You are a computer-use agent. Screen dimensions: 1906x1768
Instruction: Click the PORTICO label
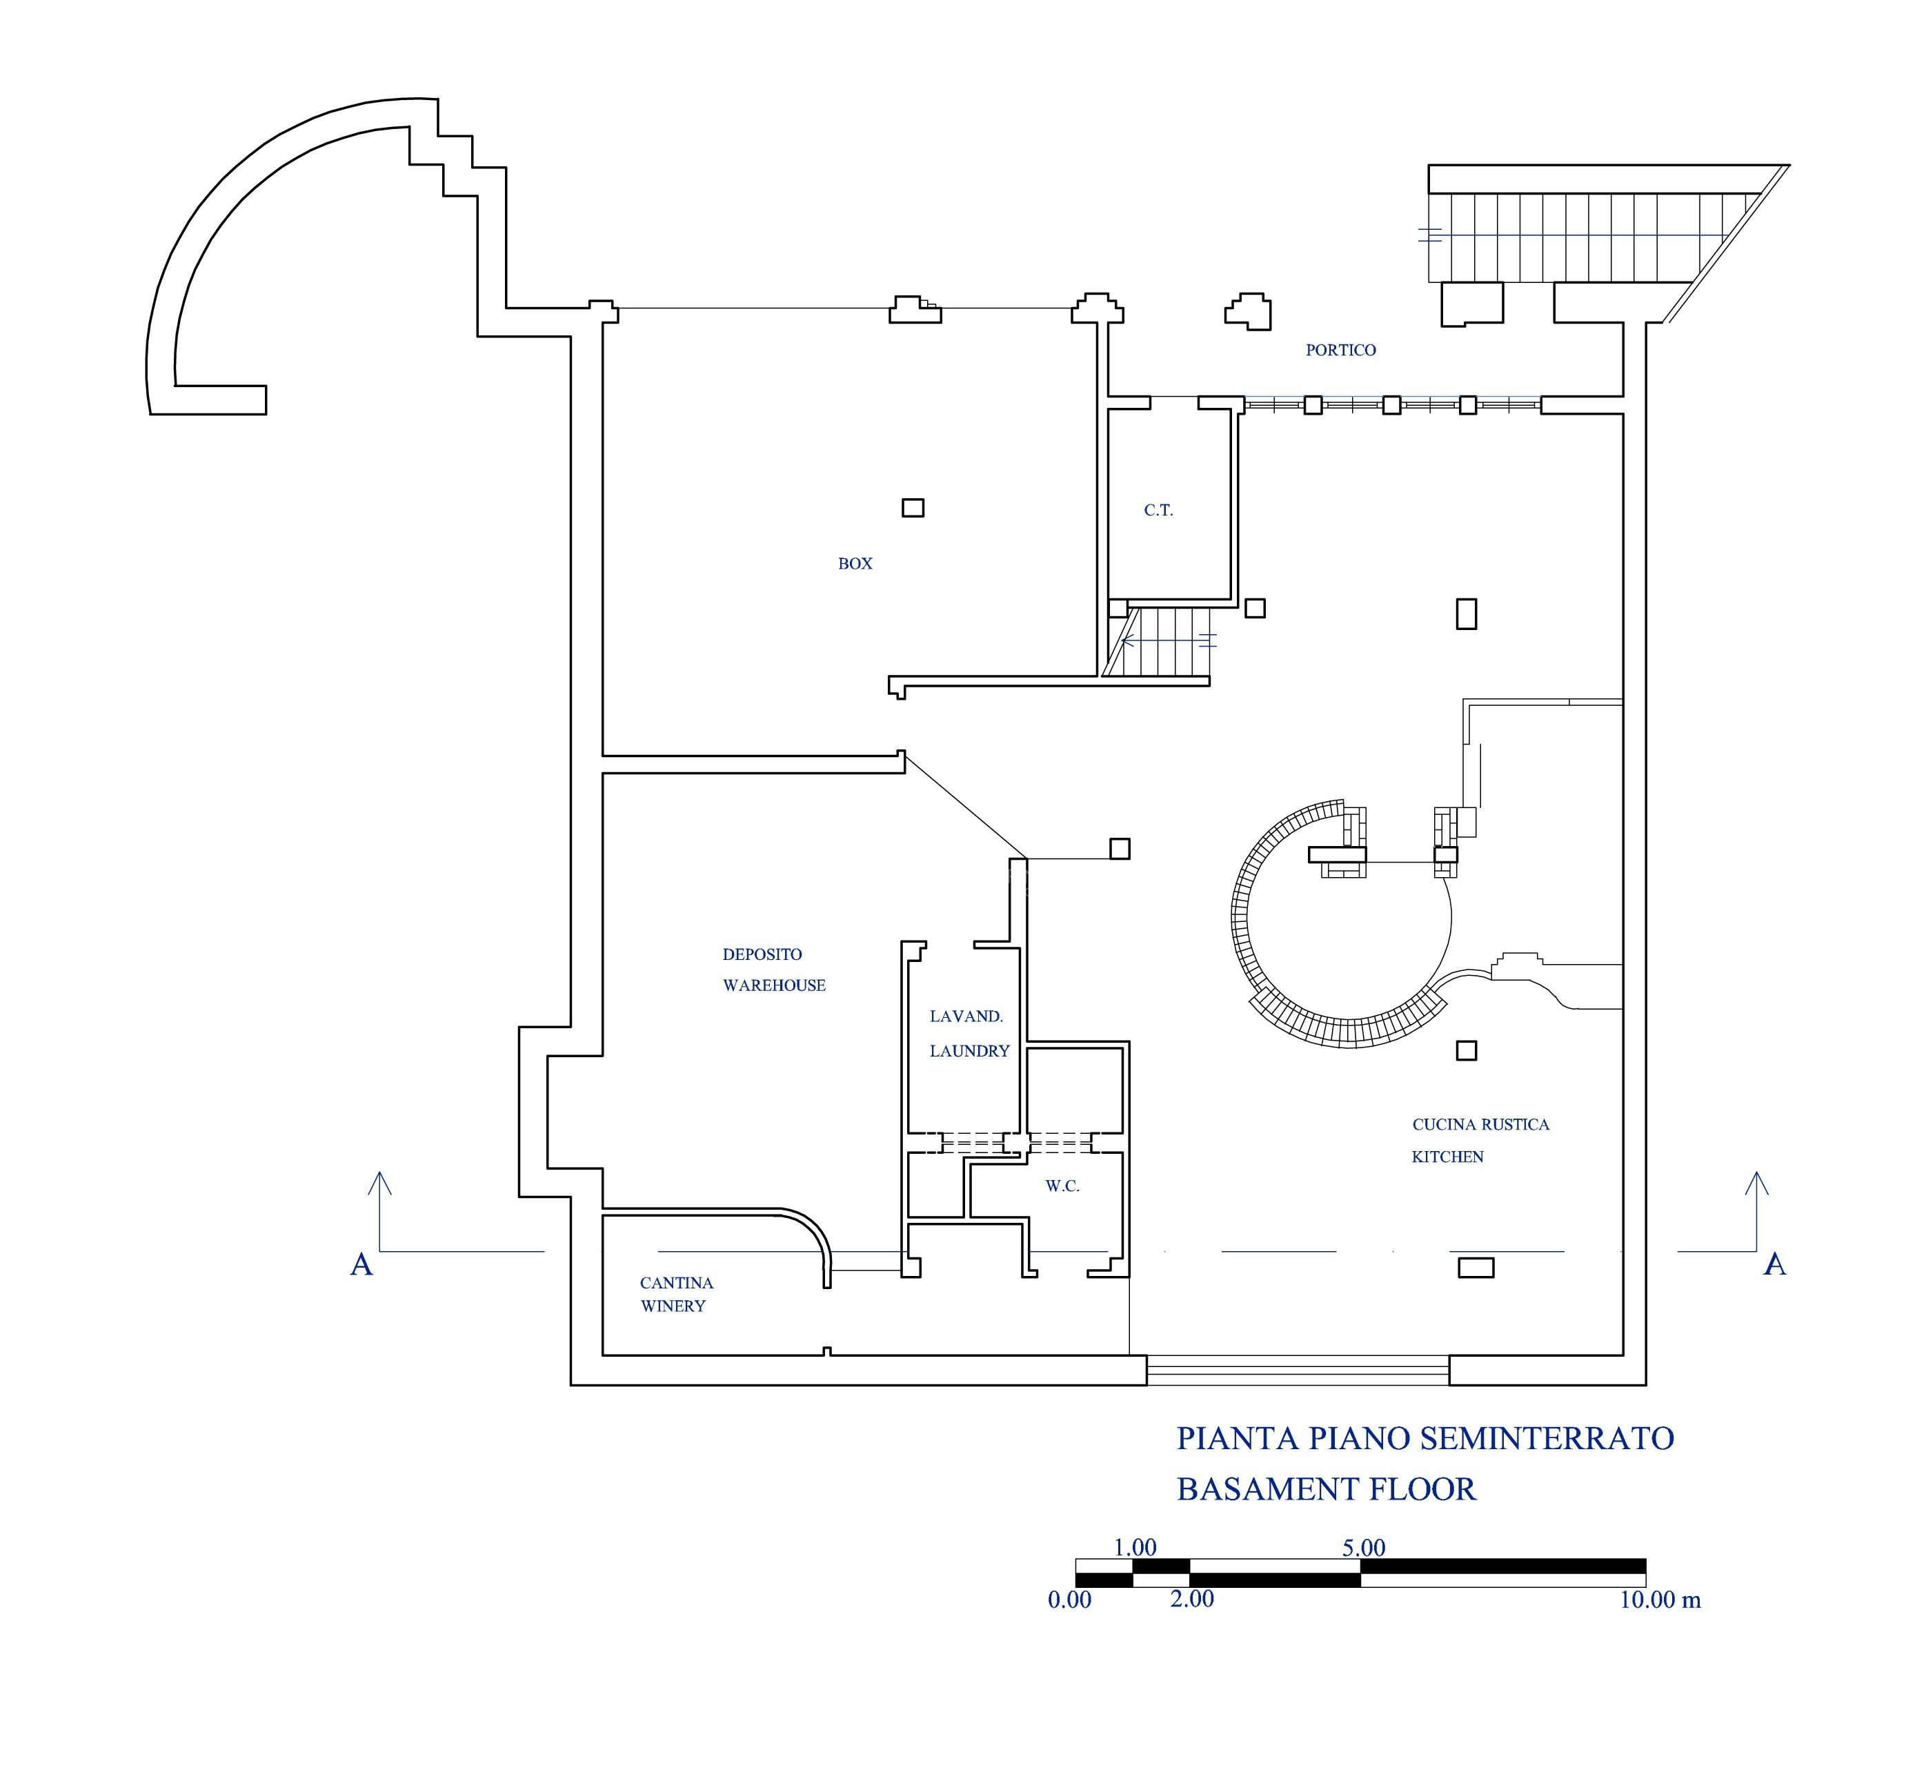pyautogui.click(x=1340, y=350)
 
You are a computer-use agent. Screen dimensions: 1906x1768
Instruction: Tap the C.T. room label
pyautogui.click(x=1158, y=511)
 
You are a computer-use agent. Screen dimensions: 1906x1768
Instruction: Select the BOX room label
pyautogui.click(x=855, y=564)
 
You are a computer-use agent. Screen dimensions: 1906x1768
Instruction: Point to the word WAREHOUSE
pyautogui.click(x=774, y=985)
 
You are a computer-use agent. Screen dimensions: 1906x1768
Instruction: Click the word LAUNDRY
pyautogui.click(x=970, y=1050)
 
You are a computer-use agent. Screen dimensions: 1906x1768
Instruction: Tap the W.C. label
pyautogui.click(x=1062, y=1186)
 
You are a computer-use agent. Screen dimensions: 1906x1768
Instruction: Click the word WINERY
pyautogui.click(x=673, y=1306)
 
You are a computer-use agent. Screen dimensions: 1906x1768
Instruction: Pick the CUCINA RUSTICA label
pyautogui.click(x=1480, y=1124)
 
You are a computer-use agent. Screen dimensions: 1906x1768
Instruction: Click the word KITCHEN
pyautogui.click(x=1448, y=1157)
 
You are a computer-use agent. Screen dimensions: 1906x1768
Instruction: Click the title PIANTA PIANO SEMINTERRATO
pyautogui.click(x=1425, y=1438)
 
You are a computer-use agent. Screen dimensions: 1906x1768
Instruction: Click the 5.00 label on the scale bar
pyautogui.click(x=1363, y=1548)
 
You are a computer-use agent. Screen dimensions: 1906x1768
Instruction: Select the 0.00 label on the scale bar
pyautogui.click(x=1069, y=1600)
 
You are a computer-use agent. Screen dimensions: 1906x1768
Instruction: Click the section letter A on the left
pyautogui.click(x=361, y=1265)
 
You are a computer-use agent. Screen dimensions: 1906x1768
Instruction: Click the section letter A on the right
pyautogui.click(x=1775, y=1265)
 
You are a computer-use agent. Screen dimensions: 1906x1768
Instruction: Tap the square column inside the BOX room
pyautogui.click(x=913, y=508)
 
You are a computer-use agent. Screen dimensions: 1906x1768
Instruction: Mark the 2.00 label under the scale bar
pyautogui.click(x=1191, y=1600)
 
